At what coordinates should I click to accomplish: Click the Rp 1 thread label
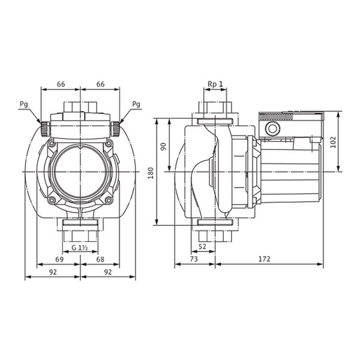pos(215,84)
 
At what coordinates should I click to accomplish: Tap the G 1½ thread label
pos(80,248)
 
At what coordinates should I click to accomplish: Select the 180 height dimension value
pos(151,173)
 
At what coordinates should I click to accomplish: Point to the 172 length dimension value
pos(264,259)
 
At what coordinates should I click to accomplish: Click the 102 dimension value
pos(333,142)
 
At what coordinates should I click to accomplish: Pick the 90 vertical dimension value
pos(163,146)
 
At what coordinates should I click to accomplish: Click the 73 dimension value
pos(194,259)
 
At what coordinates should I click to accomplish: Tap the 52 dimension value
pos(202,247)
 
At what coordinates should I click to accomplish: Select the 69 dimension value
pos(59,259)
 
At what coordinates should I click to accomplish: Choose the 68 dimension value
pos(100,259)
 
